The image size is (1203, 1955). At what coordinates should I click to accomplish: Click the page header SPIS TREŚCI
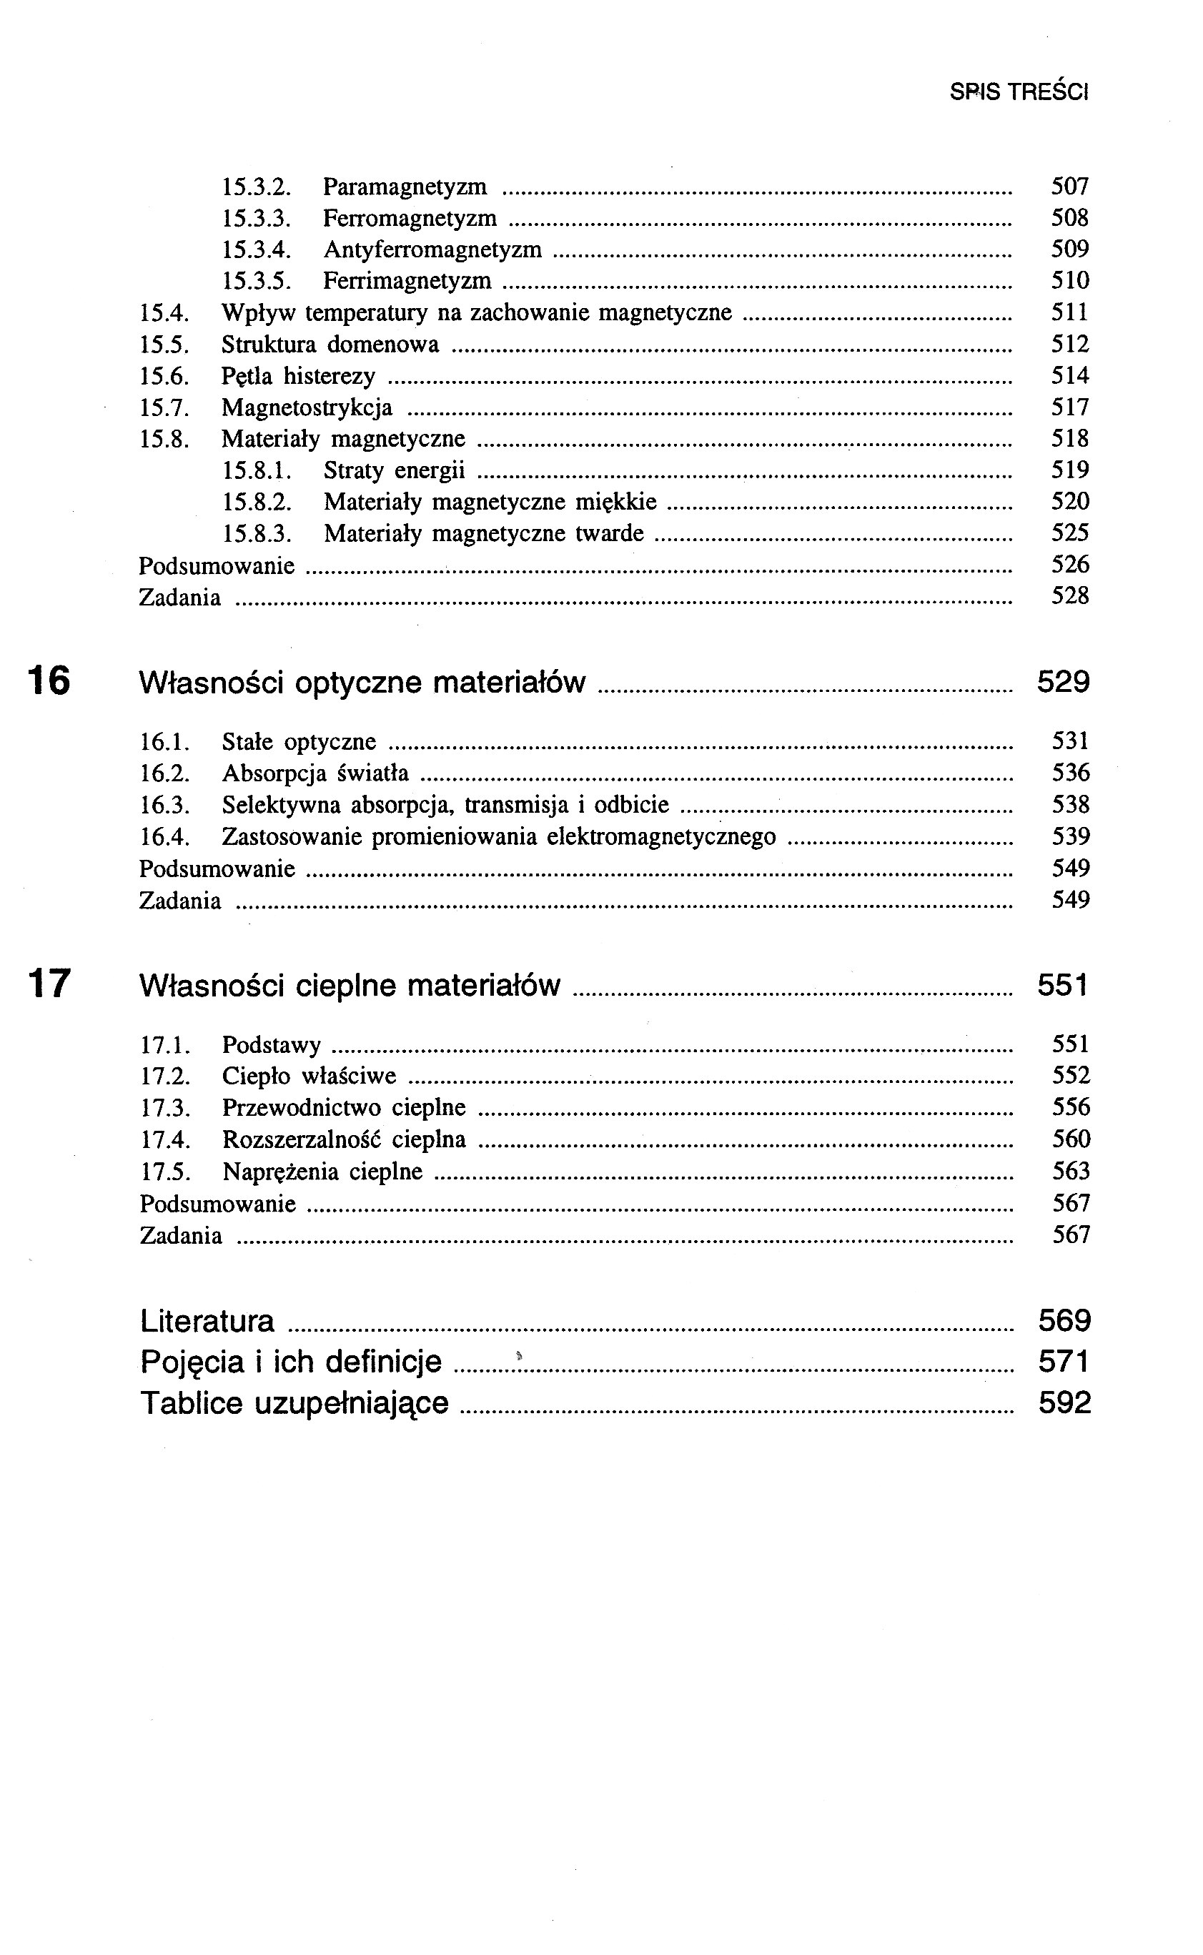[1019, 92]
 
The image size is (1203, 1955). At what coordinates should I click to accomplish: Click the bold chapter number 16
[49, 681]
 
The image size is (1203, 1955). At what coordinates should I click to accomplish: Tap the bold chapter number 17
[49, 984]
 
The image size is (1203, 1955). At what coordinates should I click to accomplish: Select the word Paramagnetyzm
[405, 187]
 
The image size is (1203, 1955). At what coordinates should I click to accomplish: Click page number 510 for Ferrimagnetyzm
[1069, 281]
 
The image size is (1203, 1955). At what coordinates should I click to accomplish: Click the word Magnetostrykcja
[307, 408]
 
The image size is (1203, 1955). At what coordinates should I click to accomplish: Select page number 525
[1069, 533]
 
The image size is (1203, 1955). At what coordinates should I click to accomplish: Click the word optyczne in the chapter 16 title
[358, 683]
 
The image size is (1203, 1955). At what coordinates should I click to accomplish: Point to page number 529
[1063, 682]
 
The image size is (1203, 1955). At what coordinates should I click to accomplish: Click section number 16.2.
[164, 773]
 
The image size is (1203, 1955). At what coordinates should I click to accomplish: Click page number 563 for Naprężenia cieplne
[1070, 1172]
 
